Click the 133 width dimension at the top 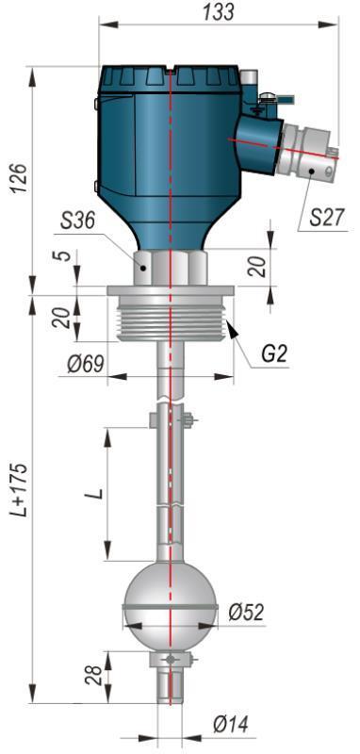219,12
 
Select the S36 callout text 78,221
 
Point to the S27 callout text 327,218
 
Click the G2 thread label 274,355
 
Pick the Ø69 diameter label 86,364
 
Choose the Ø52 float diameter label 246,612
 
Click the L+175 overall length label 20,490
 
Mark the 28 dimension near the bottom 93,675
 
